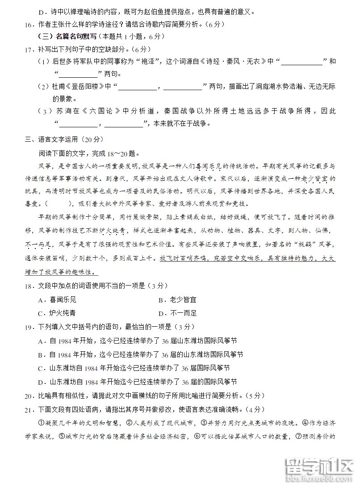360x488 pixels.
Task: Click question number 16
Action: pos(29,24)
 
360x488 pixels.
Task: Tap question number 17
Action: pos(29,48)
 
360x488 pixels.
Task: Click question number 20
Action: pos(29,395)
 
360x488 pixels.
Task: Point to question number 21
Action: pos(29,409)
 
